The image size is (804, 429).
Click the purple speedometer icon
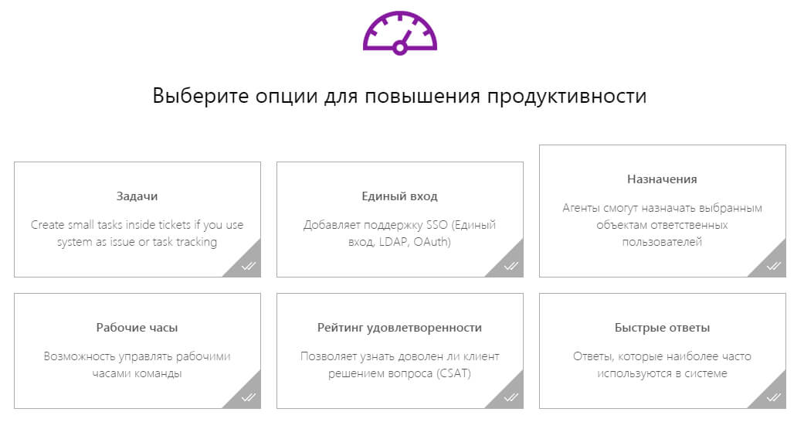tap(400, 32)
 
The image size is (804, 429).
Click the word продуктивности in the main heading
tap(567, 97)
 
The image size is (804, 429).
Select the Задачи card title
tap(137, 196)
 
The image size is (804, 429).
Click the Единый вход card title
tap(399, 196)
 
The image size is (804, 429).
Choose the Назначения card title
tap(662, 179)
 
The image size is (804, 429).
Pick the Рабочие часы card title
tap(137, 328)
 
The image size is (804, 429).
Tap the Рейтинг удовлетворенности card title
tap(399, 328)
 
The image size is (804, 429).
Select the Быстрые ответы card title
tap(662, 328)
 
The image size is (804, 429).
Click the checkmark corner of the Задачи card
tap(249, 266)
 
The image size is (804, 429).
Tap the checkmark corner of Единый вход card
tap(511, 266)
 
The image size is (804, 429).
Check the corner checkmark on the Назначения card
tap(774, 266)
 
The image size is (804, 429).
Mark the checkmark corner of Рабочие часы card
tap(249, 397)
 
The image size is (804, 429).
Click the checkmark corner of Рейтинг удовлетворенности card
tap(511, 397)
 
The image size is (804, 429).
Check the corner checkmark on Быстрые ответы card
tap(774, 397)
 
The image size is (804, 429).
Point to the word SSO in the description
tap(437, 225)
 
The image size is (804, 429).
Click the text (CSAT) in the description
tap(454, 373)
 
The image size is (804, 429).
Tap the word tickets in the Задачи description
tap(174, 225)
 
